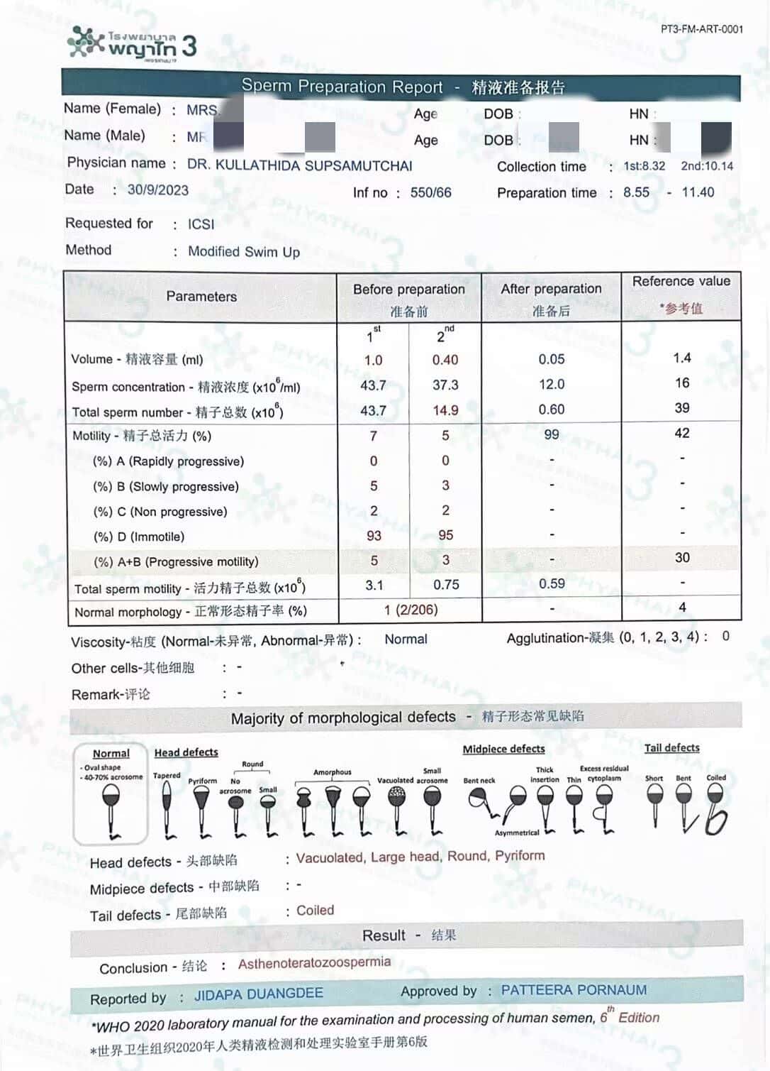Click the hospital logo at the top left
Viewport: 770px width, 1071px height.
click(x=132, y=44)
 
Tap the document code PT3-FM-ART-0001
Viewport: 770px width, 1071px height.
click(x=701, y=29)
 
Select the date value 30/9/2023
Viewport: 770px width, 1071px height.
click(x=158, y=190)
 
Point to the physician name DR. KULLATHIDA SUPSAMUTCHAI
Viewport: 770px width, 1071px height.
click(x=299, y=165)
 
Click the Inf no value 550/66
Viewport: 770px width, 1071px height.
click(x=430, y=192)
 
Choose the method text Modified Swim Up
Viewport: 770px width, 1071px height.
click(x=244, y=252)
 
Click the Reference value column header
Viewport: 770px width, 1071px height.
click(x=681, y=282)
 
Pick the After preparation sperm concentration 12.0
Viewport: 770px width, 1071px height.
click(x=552, y=385)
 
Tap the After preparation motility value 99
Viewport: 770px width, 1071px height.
click(x=552, y=434)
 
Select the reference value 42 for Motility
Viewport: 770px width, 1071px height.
click(x=682, y=433)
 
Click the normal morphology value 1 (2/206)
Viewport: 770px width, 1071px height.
click(x=411, y=610)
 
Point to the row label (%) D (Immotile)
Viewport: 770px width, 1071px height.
click(x=139, y=537)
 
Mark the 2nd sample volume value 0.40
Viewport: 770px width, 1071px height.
click(x=445, y=360)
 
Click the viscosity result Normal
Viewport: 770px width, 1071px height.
click(x=406, y=639)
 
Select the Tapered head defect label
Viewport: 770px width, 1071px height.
click(x=167, y=776)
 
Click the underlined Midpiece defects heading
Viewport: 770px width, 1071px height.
click(x=503, y=749)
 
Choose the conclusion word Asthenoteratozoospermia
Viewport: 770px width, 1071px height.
click(x=314, y=963)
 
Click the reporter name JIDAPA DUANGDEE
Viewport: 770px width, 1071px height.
click(x=259, y=994)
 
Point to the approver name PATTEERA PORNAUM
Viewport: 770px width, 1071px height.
click(x=574, y=990)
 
